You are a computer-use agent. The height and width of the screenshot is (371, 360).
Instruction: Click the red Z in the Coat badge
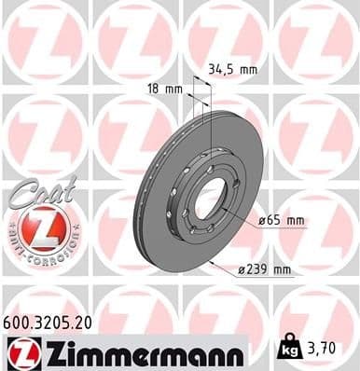[x=40, y=227]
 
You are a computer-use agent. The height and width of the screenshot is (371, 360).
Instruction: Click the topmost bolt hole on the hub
[x=204, y=158]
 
